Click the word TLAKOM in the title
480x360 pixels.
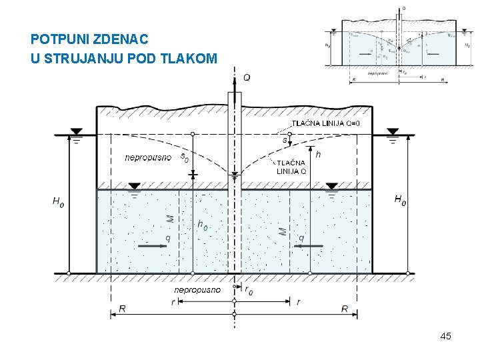193,59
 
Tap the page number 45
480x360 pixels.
445,336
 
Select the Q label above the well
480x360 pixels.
247,77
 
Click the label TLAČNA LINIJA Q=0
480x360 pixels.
327,123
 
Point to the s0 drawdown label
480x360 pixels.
185,158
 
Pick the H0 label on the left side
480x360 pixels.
58,200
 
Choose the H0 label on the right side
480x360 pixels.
401,199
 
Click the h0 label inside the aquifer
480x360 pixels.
202,225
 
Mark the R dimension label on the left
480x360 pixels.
122,309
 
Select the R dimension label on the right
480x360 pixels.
345,309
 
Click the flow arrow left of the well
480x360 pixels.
153,246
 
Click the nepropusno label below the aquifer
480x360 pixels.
197,290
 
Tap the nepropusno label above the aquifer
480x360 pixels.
147,158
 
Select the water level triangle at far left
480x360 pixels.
76,132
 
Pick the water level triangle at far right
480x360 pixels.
392,132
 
